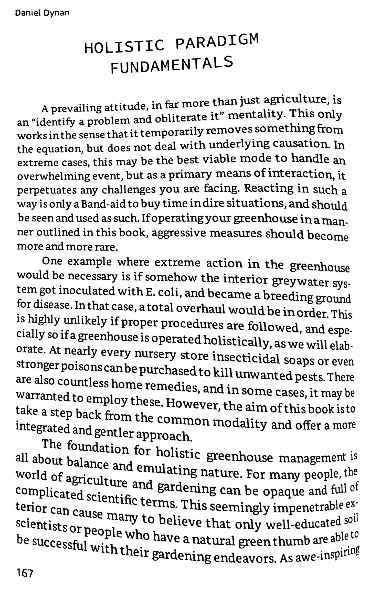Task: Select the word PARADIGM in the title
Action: (x=216, y=42)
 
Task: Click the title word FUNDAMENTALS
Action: (x=172, y=65)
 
